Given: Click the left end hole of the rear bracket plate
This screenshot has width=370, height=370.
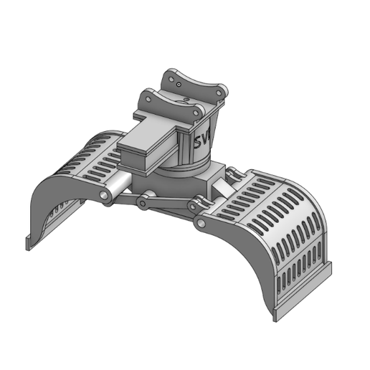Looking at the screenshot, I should pyautogui.click(x=169, y=76).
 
